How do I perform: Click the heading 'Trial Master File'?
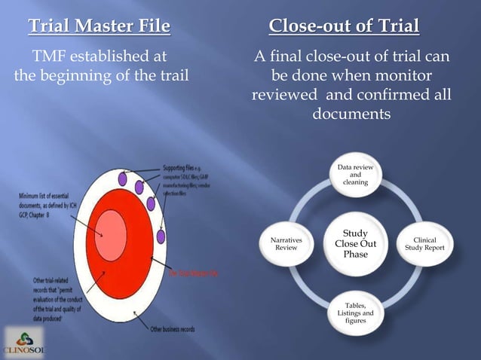(x=100, y=29)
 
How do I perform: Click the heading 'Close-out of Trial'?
(x=344, y=29)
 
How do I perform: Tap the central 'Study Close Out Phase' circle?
(x=355, y=244)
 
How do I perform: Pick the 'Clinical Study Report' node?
(x=430, y=244)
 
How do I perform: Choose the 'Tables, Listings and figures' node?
(x=355, y=312)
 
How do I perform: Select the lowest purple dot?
(x=152, y=203)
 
